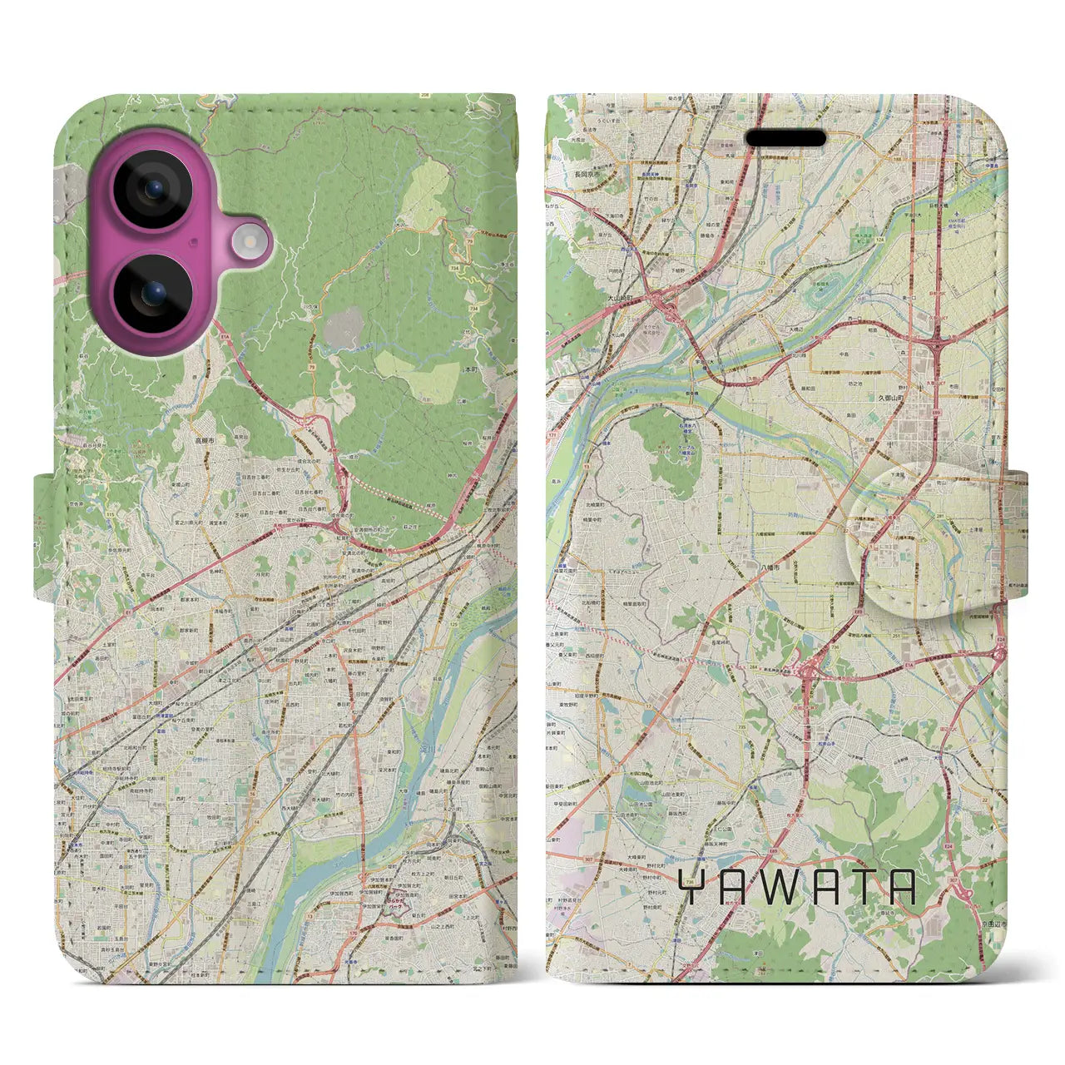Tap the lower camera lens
(153, 293)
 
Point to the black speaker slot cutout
(785, 138)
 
